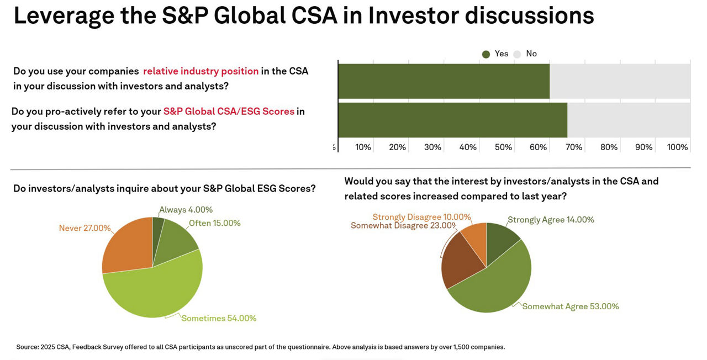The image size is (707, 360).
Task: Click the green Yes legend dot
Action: [486, 54]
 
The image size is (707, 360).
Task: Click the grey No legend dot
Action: [518, 54]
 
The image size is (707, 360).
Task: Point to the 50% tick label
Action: [503, 147]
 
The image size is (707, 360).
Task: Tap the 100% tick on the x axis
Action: [678, 147]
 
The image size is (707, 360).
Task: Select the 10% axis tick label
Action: [363, 147]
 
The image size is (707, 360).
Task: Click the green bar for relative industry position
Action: [444, 81]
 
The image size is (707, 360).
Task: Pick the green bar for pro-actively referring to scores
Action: [452, 120]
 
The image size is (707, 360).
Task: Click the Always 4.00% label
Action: [186, 210]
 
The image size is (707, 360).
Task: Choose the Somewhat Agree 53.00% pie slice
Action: [494, 282]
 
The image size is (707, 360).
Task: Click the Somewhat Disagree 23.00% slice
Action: [457, 260]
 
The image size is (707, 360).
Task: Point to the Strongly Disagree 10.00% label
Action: [421, 217]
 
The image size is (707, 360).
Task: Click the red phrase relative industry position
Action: [201, 71]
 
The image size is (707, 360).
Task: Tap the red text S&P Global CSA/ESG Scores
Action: [229, 112]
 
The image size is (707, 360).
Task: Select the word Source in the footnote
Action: [27, 347]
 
